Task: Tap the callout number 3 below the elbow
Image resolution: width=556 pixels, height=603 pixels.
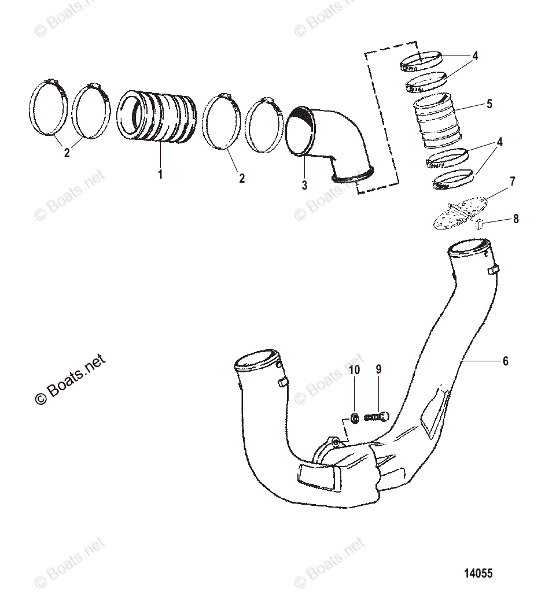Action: (x=304, y=186)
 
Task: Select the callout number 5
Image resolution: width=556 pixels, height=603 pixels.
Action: (x=489, y=104)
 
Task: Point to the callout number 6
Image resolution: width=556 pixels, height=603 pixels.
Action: (x=505, y=361)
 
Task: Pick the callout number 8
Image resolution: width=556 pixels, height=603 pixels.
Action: (x=516, y=219)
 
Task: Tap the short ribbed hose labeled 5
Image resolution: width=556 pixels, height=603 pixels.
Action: (x=434, y=125)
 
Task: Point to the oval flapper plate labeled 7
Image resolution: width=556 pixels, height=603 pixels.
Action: (x=460, y=213)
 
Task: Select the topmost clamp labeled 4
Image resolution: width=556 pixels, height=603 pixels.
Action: (x=421, y=60)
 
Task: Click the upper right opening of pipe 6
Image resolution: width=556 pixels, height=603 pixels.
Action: (x=469, y=249)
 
